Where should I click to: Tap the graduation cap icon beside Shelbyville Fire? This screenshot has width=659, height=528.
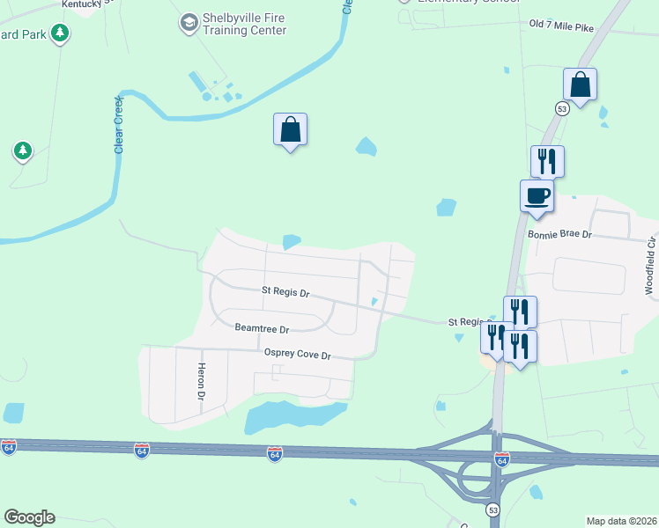click(189, 22)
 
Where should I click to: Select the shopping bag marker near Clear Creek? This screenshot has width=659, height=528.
click(290, 130)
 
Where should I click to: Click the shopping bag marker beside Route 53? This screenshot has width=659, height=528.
click(581, 85)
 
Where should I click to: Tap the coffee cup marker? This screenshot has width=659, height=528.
click(537, 195)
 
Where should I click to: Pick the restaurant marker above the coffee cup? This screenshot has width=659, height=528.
click(547, 161)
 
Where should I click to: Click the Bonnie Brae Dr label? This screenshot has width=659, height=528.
click(559, 235)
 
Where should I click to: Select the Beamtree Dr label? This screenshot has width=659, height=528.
click(262, 328)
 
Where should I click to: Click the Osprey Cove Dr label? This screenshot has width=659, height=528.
click(297, 355)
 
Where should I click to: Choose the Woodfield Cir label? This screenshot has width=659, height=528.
click(650, 264)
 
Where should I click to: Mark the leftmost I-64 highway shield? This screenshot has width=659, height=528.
click(8, 447)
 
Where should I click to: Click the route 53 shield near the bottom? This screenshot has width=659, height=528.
click(492, 510)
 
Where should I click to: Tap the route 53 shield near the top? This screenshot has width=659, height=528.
click(561, 107)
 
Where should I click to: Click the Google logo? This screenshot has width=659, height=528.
click(29, 517)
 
